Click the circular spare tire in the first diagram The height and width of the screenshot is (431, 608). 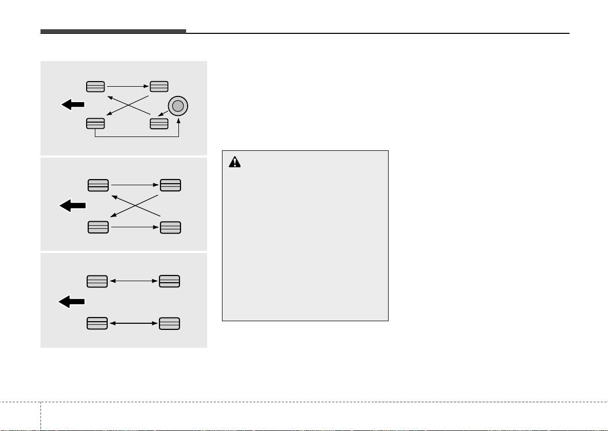[177, 106]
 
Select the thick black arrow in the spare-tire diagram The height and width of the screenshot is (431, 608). [73, 105]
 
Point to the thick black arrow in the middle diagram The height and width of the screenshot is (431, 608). [73, 206]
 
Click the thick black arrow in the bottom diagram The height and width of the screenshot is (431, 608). [71, 302]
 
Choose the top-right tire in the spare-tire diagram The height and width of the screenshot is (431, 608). [159, 86]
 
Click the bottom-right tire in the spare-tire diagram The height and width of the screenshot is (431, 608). [159, 123]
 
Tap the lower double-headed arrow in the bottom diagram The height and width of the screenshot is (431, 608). [133, 324]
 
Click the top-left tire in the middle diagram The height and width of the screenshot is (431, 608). [98, 185]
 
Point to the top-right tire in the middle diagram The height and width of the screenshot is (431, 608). [170, 185]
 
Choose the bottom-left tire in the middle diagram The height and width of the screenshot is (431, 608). [98, 227]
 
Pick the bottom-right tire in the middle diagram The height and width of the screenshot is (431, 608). [170, 227]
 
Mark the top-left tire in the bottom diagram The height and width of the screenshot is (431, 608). [97, 281]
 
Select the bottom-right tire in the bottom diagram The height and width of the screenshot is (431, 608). [169, 324]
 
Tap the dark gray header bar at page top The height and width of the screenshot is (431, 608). [113, 32]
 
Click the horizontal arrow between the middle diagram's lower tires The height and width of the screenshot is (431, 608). [133, 227]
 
